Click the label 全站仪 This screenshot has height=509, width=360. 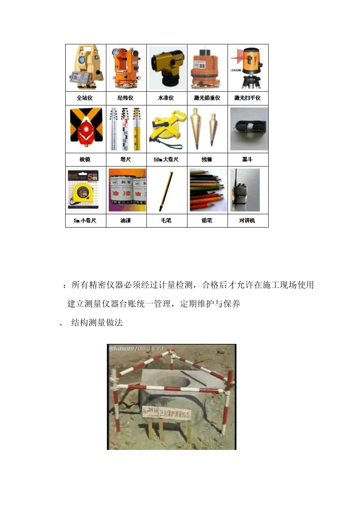click(85, 98)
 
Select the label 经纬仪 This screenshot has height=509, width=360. click(125, 98)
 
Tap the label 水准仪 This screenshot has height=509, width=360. click(166, 98)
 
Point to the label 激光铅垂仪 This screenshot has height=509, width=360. click(207, 98)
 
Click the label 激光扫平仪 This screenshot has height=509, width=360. click(247, 98)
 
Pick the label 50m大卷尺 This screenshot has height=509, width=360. click(166, 159)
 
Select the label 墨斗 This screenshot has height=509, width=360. click(247, 159)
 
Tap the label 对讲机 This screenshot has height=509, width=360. click(247, 220)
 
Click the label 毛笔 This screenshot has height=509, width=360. click(166, 220)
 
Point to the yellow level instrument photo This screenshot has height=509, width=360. click(167, 67)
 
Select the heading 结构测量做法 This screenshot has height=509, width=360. click(97, 323)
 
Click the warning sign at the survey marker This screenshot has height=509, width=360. click(166, 412)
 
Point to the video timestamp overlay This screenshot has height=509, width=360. click(137, 348)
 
